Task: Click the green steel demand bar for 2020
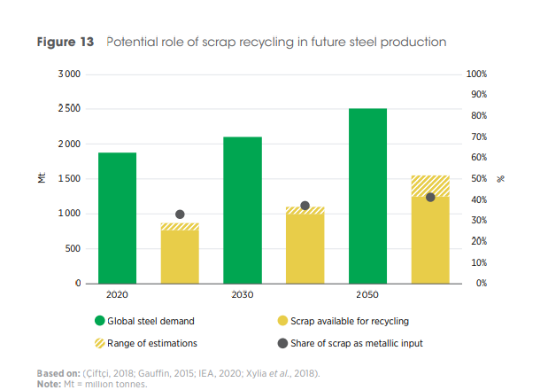tap(117, 218)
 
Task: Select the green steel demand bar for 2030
tap(243, 210)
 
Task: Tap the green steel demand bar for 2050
tap(367, 196)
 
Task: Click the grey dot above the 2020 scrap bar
tap(180, 214)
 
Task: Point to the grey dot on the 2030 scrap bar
tap(305, 206)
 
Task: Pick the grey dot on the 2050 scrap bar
tap(430, 197)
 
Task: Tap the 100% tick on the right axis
tap(476, 74)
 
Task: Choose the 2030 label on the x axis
tap(243, 294)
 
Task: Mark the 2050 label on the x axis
tap(367, 294)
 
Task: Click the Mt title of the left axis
tap(42, 179)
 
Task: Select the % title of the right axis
tap(500, 179)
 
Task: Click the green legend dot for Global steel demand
tap(99, 321)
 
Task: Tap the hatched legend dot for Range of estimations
tap(99, 343)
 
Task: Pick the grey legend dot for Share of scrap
tap(282, 343)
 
